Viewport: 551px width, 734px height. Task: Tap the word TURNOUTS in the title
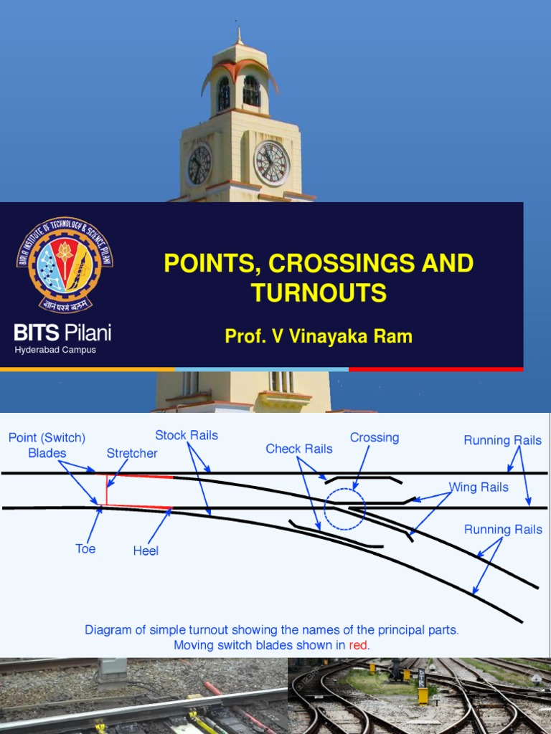click(319, 292)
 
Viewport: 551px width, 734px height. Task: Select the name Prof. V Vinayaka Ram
click(319, 336)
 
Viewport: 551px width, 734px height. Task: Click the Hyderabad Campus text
click(55, 350)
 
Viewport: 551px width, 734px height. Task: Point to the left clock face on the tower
click(199, 165)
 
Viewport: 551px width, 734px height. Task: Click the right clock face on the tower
click(272, 163)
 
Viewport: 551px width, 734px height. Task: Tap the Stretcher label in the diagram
click(132, 453)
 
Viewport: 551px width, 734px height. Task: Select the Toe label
click(85, 549)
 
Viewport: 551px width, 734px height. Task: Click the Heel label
click(146, 550)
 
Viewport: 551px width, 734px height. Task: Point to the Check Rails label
click(299, 449)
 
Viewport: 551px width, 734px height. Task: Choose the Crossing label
click(375, 437)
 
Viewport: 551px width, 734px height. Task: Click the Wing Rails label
click(479, 487)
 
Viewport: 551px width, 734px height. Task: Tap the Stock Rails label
click(187, 435)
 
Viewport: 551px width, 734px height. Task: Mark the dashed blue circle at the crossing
click(344, 509)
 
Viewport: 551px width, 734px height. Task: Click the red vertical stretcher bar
click(107, 490)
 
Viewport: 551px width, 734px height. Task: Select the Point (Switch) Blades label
click(47, 445)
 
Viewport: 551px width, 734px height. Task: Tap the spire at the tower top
click(240, 36)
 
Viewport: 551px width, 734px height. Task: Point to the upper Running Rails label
click(502, 440)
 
